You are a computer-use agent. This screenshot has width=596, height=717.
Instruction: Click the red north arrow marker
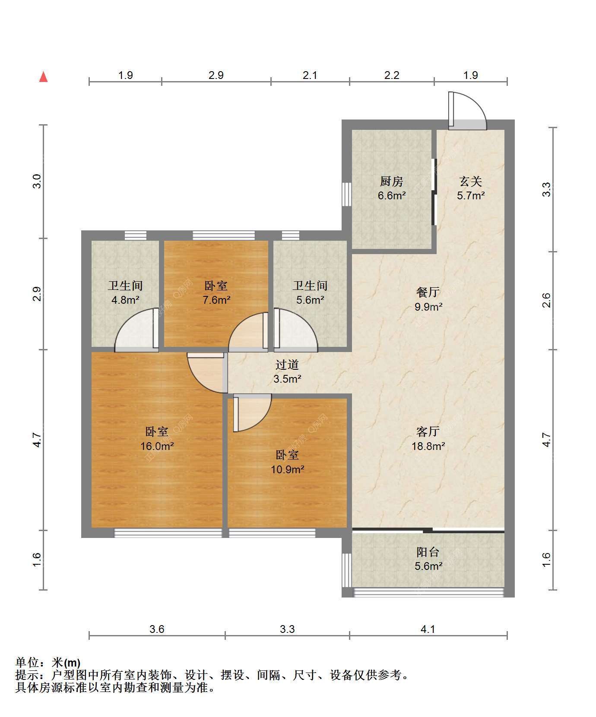pyautogui.click(x=43, y=77)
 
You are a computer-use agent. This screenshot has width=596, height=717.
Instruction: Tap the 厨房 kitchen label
pyautogui.click(x=392, y=181)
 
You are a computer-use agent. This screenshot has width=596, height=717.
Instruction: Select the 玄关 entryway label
pyautogui.click(x=471, y=181)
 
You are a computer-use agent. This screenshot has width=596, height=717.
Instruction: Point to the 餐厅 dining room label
pyautogui.click(x=428, y=292)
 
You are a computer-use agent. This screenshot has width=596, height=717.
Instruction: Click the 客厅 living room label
pyautogui.click(x=428, y=431)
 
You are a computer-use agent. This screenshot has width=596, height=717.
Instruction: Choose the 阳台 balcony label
pyautogui.click(x=428, y=552)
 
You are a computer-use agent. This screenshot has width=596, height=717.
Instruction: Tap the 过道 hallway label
pyautogui.click(x=287, y=365)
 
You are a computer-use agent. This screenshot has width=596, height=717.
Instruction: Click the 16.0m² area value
pyautogui.click(x=157, y=446)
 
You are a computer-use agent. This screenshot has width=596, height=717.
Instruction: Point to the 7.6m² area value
pyautogui.click(x=216, y=300)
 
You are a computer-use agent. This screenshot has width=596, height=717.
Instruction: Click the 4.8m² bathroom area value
pyautogui.click(x=125, y=300)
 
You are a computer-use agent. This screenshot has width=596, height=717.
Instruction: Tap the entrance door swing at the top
pyautogui.click(x=467, y=111)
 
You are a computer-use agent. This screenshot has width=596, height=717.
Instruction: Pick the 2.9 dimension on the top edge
pyautogui.click(x=216, y=75)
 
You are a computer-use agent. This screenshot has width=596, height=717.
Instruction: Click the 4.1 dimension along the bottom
pyautogui.click(x=428, y=629)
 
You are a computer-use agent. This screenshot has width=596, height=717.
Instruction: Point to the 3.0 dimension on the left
pyautogui.click(x=37, y=181)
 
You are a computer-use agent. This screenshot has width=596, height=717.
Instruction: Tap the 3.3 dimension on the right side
pyautogui.click(x=547, y=190)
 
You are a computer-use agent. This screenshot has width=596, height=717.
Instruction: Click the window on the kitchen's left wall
pyautogui.click(x=346, y=195)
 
